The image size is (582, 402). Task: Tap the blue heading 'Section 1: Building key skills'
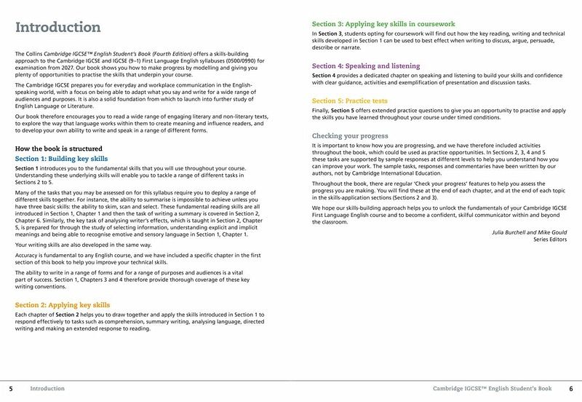coord(61,159)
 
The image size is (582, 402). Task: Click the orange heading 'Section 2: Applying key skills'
coord(63,304)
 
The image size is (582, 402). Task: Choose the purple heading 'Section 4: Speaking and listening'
coord(366,66)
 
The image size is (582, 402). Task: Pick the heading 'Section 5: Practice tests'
coord(350,100)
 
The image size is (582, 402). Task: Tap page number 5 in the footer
coord(11,389)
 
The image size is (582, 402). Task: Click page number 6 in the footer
coord(571,389)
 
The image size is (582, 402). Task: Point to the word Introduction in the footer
coord(47,389)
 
